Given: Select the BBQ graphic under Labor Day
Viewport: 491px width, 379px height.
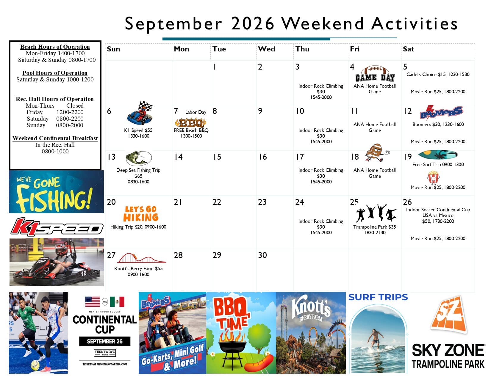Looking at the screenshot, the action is (190, 123).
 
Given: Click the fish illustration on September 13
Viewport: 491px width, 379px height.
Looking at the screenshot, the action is (138, 158).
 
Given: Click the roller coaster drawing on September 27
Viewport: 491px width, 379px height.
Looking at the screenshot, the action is (142, 258).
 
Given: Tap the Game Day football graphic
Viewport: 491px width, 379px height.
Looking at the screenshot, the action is (375, 74).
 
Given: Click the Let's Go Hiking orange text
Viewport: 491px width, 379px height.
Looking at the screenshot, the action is (140, 214).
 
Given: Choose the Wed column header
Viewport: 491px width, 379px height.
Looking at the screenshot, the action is (266, 49).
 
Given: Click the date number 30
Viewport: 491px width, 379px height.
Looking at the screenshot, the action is (262, 255).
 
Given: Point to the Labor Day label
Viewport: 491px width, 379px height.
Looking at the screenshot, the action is (196, 112).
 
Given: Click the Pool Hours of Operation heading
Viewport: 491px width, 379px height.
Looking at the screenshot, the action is (55, 73).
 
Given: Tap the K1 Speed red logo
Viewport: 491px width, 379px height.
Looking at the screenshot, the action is (57, 227).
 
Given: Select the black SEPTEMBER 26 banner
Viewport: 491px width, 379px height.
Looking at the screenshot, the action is (105, 341).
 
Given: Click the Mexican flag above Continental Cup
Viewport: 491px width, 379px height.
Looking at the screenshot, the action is (117, 302).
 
